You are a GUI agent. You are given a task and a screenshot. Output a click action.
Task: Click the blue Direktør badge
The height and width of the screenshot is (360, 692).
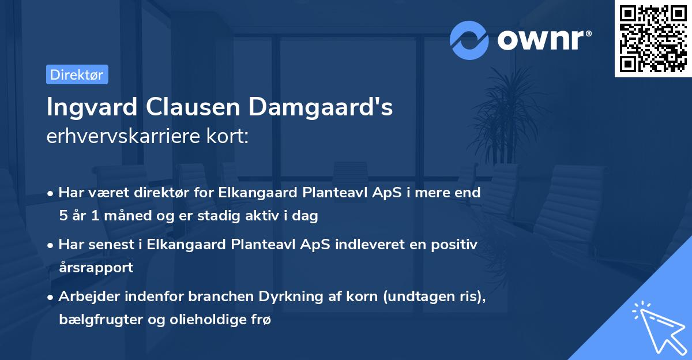[x=77, y=74]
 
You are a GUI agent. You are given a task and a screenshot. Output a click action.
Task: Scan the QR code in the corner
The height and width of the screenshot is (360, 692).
[x=652, y=38]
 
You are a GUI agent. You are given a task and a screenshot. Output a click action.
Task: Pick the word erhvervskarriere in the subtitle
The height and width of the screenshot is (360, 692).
[x=121, y=137]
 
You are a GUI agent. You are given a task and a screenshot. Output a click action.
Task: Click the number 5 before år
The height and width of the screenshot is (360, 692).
[x=62, y=216]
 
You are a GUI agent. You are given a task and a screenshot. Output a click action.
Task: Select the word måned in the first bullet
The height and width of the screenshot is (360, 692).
[x=128, y=216]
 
